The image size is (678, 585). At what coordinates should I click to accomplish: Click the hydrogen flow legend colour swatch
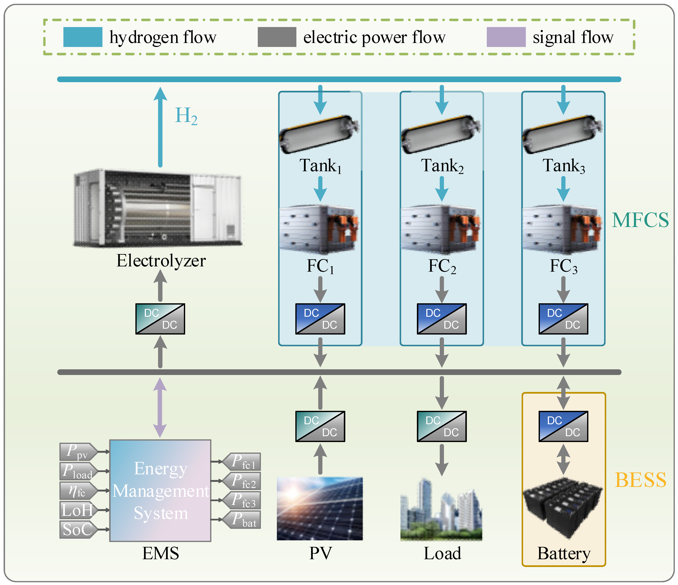[83, 37]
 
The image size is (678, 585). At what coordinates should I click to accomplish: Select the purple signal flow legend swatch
[506, 37]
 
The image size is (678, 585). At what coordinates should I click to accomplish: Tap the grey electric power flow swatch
[277, 37]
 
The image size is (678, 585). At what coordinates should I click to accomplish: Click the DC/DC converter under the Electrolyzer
[160, 319]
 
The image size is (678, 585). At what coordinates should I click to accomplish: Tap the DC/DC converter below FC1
[320, 319]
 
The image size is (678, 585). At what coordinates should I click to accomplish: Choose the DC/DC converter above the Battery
[563, 426]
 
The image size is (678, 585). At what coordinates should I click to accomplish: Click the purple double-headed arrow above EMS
[160, 407]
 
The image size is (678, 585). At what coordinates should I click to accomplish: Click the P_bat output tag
[242, 519]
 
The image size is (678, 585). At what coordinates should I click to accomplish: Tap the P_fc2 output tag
[242, 481]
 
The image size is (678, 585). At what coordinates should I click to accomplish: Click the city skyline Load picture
[441, 509]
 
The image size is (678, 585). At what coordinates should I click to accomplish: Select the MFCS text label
[640, 220]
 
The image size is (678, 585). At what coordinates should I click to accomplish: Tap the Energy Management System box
[160, 490]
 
